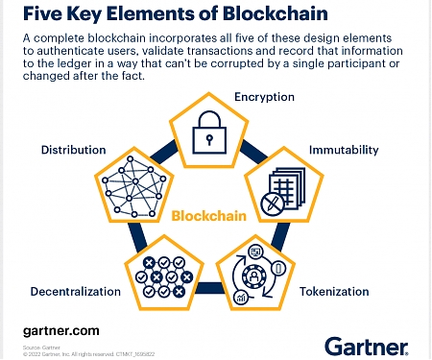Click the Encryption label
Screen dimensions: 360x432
tap(264, 97)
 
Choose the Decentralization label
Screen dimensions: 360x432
tap(76, 291)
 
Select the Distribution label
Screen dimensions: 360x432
tap(72, 151)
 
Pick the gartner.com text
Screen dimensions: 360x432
tap(60, 330)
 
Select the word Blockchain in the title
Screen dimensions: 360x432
tap(273, 13)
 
